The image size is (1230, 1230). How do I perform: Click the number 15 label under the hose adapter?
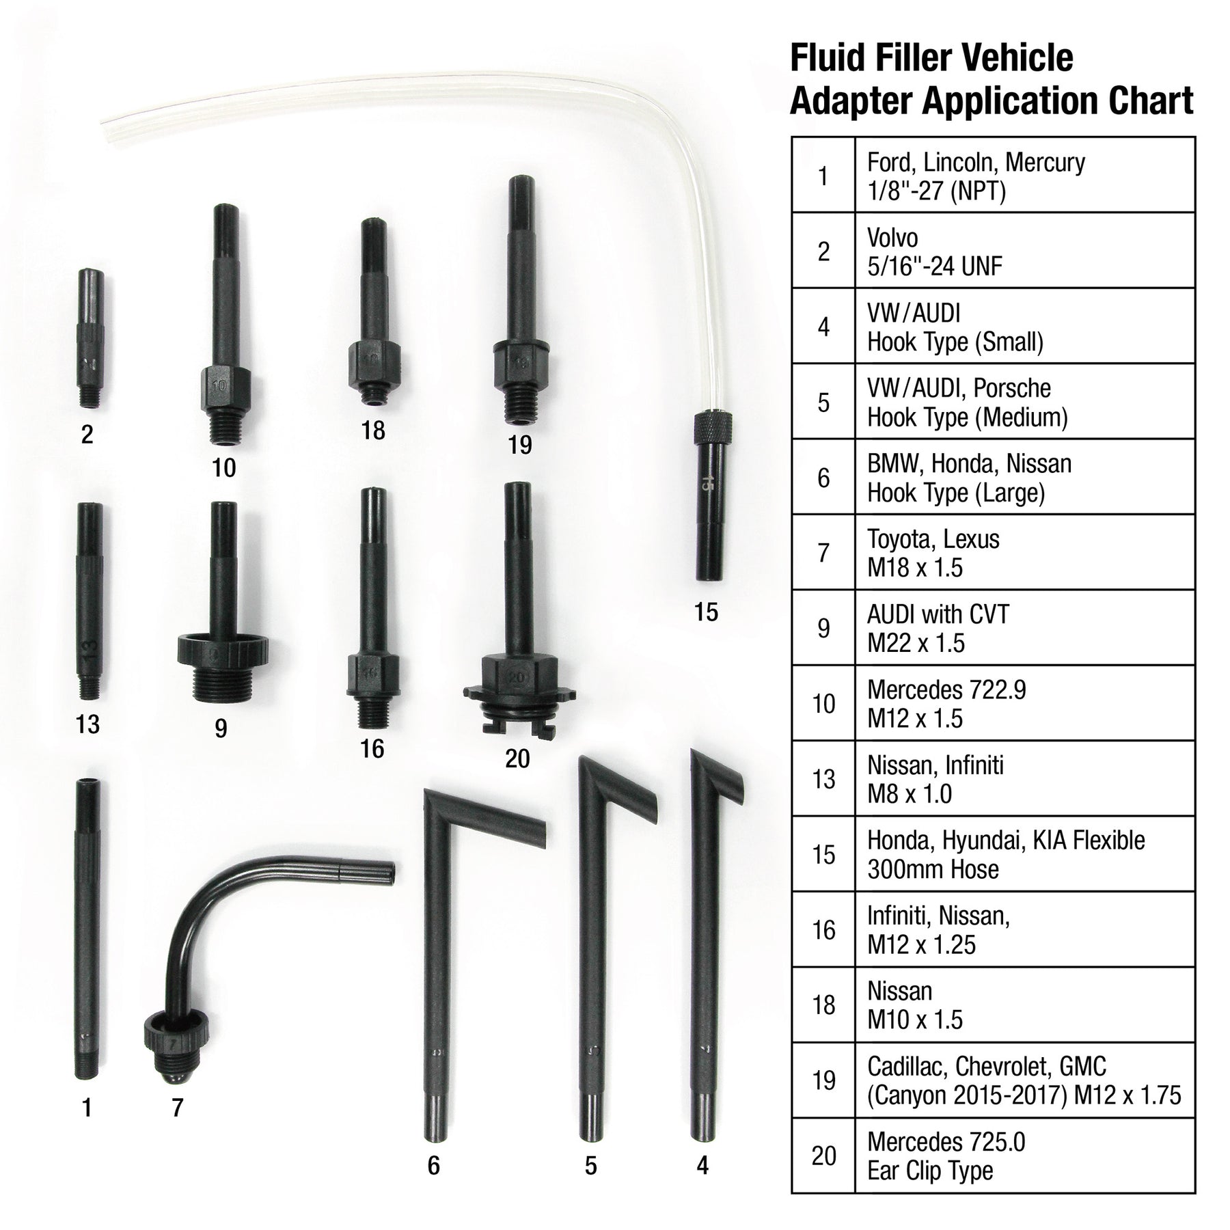pyautogui.click(x=706, y=612)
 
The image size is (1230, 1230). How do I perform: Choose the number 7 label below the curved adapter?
pyautogui.click(x=178, y=1108)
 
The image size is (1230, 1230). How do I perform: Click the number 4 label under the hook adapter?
pyautogui.click(x=703, y=1166)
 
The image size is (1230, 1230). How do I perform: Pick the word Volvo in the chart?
pyautogui.click(x=892, y=238)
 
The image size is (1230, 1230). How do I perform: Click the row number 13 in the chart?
pyautogui.click(x=824, y=779)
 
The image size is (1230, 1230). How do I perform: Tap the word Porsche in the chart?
pyautogui.click(x=1012, y=388)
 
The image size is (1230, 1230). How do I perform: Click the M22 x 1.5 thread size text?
pyautogui.click(x=916, y=643)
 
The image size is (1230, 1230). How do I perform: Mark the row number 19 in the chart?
pyautogui.click(x=824, y=1080)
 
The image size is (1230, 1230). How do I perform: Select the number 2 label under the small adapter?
pyautogui.click(x=87, y=435)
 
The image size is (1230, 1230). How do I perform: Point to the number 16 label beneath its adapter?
pyautogui.click(x=372, y=749)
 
